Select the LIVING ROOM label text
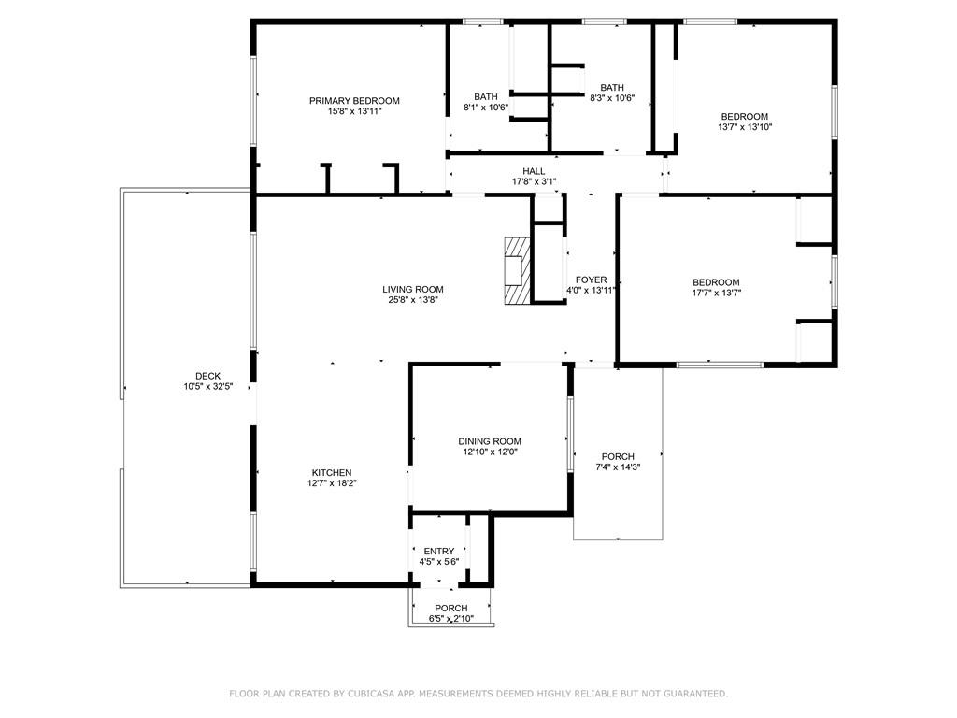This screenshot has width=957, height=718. pos(412,290)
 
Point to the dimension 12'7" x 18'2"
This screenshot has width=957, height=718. pos(332,483)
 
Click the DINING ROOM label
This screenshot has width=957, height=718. pos(490,441)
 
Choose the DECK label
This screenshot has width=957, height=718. pos(207,376)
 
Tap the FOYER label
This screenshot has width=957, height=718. pos(591,280)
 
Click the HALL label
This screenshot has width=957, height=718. pos(534,171)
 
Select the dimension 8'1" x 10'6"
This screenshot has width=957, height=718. pos(486,108)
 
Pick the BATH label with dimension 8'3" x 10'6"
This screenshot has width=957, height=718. pos(612,87)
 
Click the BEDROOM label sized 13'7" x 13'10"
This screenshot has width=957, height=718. pos(744,117)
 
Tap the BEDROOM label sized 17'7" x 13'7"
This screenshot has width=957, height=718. pos(716,282)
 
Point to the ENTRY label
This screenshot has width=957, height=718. pos(438,552)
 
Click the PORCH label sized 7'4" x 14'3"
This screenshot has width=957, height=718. pos(618,456)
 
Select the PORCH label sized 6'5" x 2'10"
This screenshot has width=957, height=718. pos(451,608)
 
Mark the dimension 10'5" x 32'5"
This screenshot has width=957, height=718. pos(207,387)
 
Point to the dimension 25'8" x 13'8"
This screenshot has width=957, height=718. pos(412,300)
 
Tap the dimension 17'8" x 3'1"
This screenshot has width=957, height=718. pos(534,181)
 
